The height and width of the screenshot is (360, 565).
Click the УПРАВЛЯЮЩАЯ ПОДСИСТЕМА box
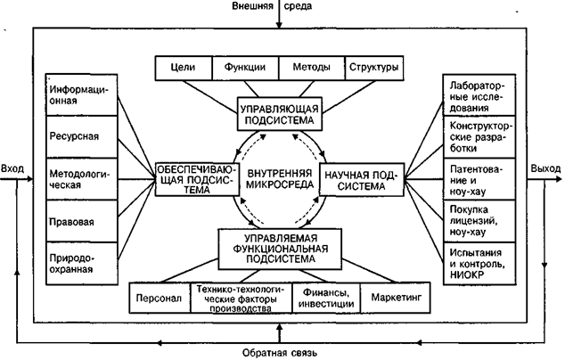(x=279, y=113)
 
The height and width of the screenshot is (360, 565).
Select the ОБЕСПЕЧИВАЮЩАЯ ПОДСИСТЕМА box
(x=196, y=178)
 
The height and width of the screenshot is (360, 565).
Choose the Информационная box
(x=81, y=95)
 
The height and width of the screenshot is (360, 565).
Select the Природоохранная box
(x=81, y=259)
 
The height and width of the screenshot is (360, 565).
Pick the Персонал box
(x=160, y=295)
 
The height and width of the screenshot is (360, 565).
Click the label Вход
(x=13, y=168)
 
